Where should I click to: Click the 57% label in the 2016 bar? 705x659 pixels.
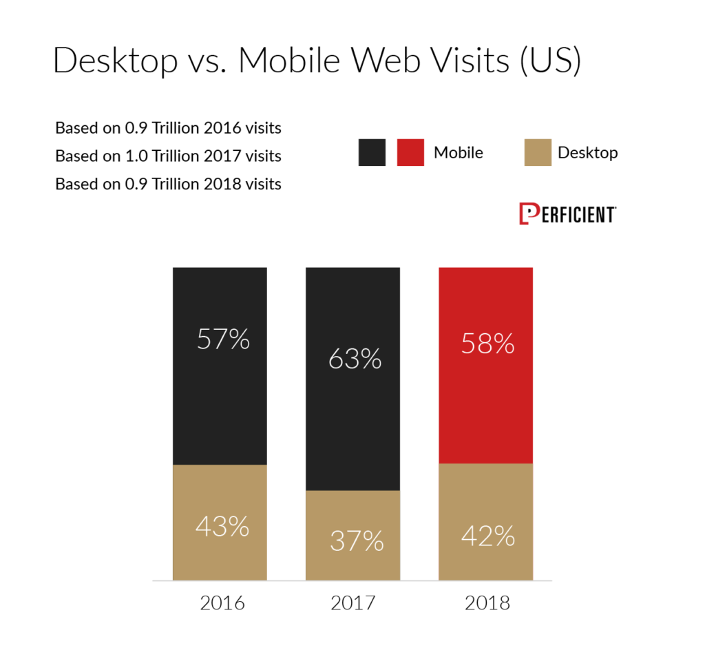click(x=222, y=339)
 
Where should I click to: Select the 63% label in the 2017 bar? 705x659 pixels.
click(x=355, y=359)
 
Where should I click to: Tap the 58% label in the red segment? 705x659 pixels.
click(x=488, y=344)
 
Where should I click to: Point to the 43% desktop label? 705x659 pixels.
click(x=222, y=527)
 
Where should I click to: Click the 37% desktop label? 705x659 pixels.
click(x=355, y=541)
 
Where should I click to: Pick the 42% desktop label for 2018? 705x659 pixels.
click(x=488, y=535)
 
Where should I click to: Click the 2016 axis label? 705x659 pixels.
click(x=222, y=603)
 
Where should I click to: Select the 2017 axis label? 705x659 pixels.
click(x=353, y=603)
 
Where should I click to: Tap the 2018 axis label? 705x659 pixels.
click(x=487, y=603)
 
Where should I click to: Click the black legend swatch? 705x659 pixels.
click(x=372, y=152)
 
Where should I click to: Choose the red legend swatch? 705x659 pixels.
click(x=410, y=152)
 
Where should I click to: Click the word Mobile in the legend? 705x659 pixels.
click(x=458, y=152)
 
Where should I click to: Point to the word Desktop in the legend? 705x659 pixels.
click(x=587, y=152)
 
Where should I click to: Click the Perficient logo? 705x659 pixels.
click(x=567, y=214)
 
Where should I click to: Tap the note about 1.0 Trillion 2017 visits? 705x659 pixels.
click(x=168, y=156)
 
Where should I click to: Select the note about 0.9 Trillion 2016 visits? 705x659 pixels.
click(x=168, y=128)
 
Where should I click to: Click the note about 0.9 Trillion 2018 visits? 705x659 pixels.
click(x=168, y=184)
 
